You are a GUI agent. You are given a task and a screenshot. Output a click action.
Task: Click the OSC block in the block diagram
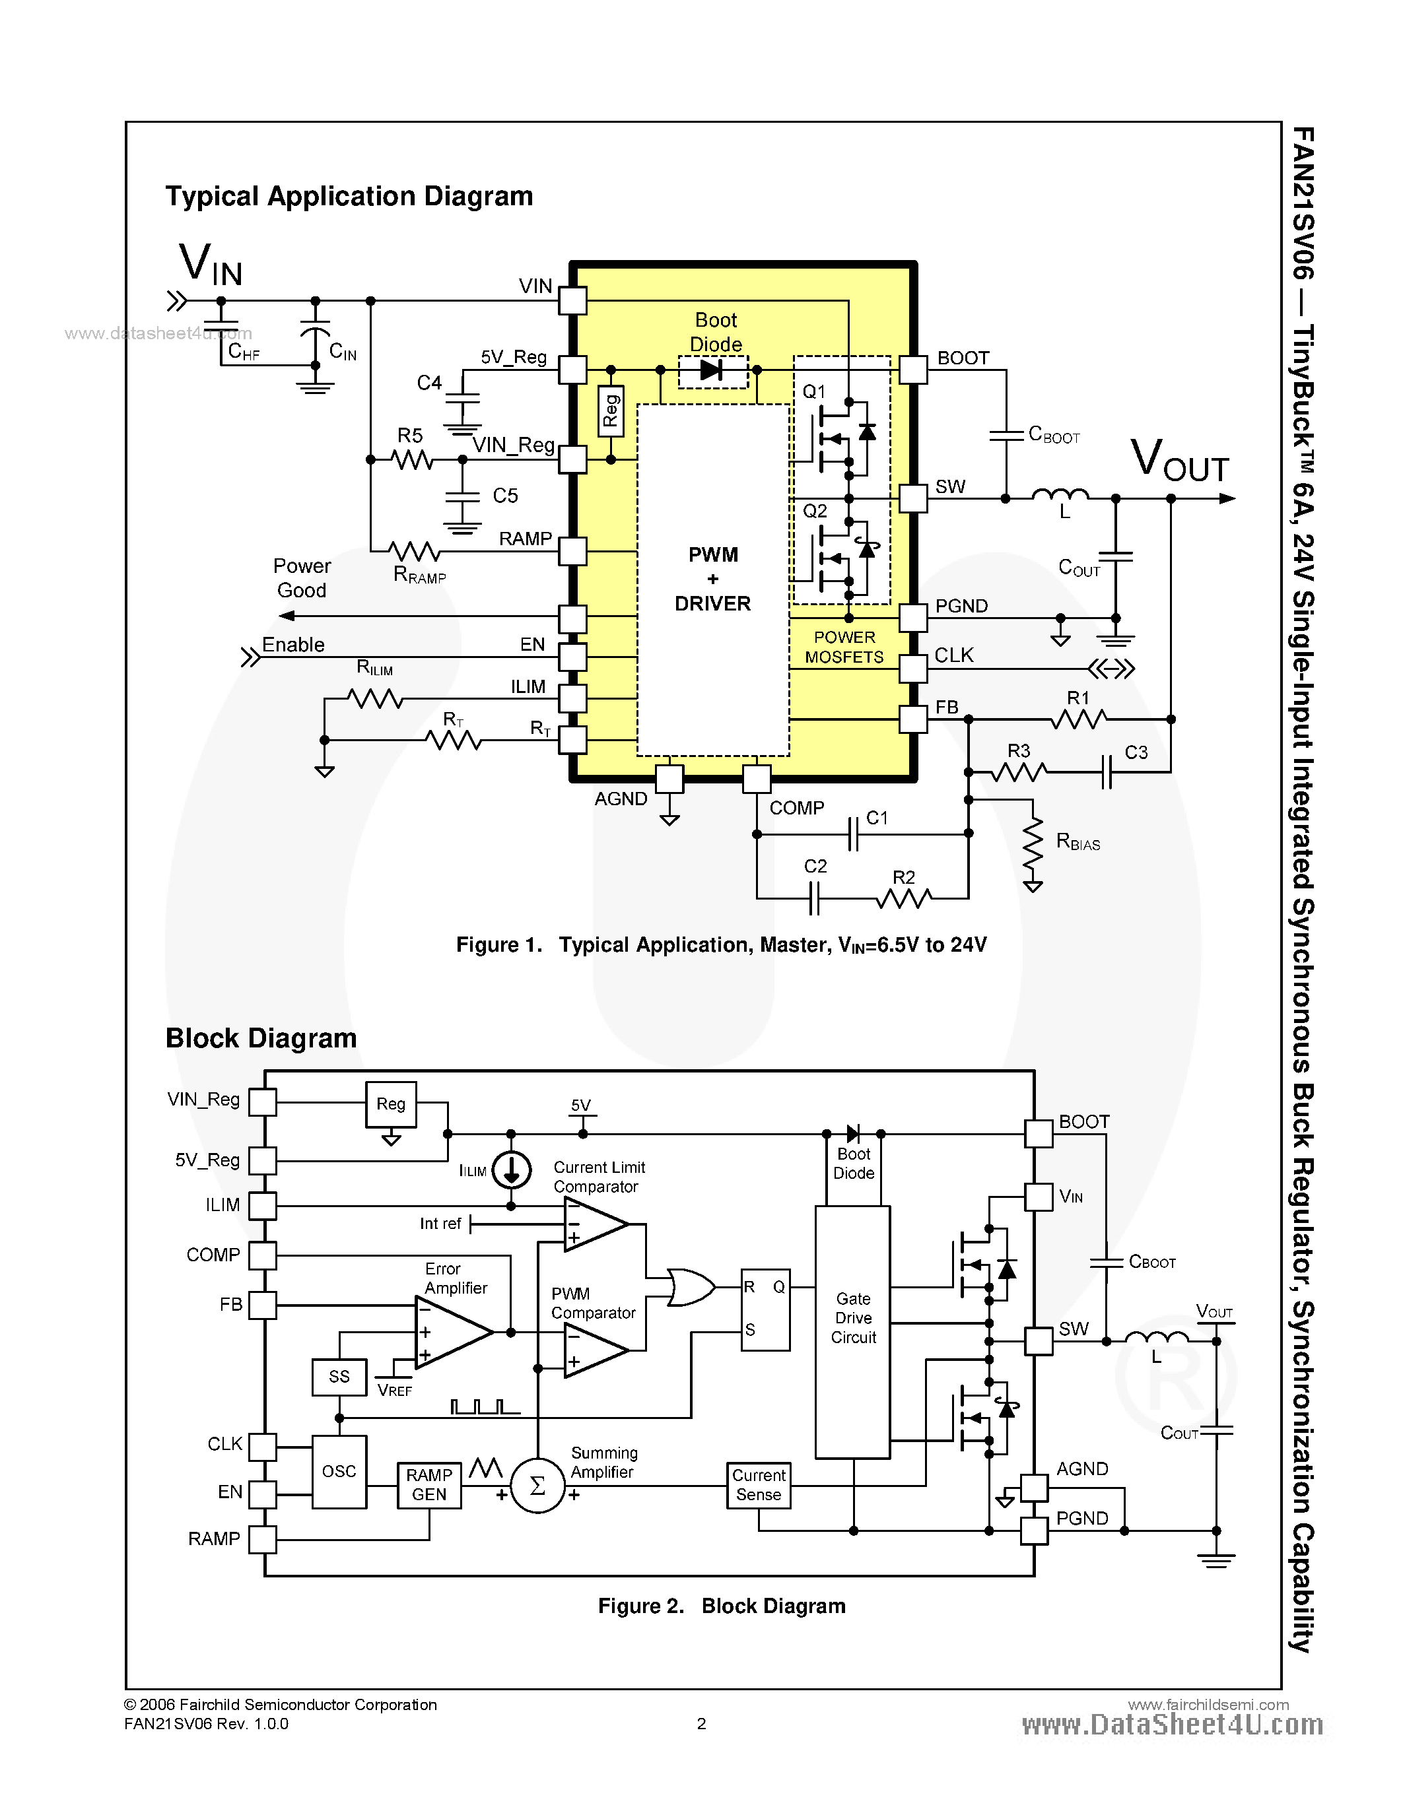(x=339, y=1472)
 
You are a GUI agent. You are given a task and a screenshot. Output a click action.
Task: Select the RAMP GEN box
(x=429, y=1485)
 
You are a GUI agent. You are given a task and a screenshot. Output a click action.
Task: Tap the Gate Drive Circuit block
(x=853, y=1331)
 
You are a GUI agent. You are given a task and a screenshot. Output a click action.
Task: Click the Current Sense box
(x=758, y=1485)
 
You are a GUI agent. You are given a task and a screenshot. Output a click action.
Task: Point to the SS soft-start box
(x=339, y=1377)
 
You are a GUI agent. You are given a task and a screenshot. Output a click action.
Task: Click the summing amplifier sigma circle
(x=537, y=1486)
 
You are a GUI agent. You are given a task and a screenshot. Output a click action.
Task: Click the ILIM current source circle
(x=511, y=1170)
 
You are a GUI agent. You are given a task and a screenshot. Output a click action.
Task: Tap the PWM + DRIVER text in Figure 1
(x=712, y=579)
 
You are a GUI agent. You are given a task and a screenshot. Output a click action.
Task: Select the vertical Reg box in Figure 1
(x=611, y=411)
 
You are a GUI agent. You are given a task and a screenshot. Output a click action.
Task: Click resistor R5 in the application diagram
(x=411, y=459)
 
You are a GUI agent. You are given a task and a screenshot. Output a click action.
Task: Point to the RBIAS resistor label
(x=1078, y=843)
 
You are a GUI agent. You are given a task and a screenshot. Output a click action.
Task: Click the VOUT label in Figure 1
(x=1179, y=459)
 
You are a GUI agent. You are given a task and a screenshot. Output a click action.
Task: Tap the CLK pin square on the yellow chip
(x=912, y=668)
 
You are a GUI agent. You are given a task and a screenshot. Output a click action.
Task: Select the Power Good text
(x=302, y=578)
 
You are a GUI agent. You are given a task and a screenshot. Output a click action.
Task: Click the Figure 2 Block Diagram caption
(x=722, y=1606)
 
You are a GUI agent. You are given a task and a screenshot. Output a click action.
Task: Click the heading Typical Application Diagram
(x=349, y=196)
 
